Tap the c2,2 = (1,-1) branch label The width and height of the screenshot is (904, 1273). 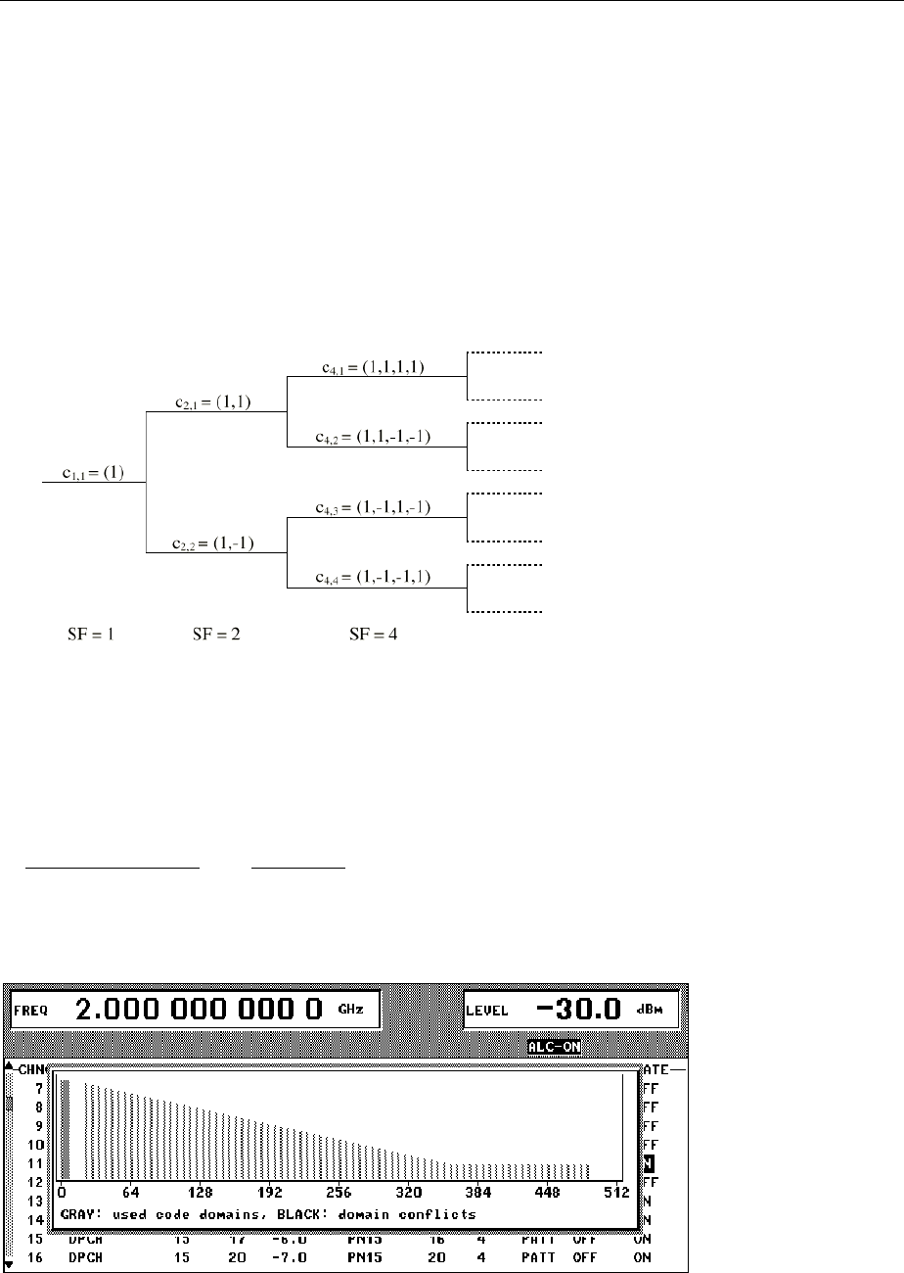pyautogui.click(x=214, y=543)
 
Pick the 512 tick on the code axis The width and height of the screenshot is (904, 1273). pyautogui.click(x=615, y=1194)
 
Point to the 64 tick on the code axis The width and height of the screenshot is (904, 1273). pyautogui.click(x=131, y=1194)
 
